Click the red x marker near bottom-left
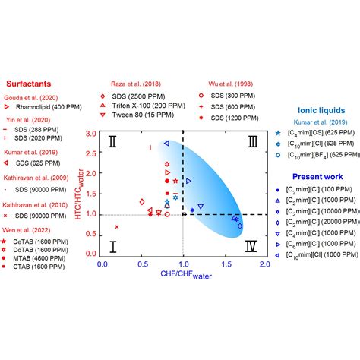click(x=116, y=226)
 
